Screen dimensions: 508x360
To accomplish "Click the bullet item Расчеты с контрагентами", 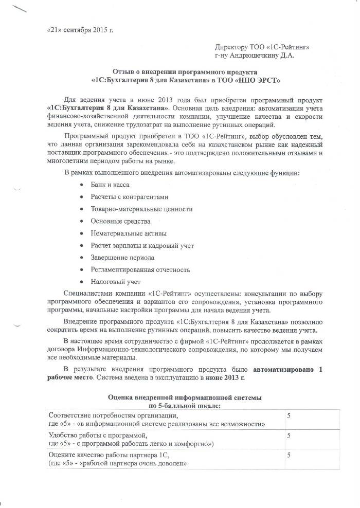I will [129, 196].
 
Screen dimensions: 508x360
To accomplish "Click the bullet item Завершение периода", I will [122, 258].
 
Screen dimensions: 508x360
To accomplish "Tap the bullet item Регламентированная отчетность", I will [140, 269].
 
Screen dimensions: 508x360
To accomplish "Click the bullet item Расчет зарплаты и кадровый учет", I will [142, 246].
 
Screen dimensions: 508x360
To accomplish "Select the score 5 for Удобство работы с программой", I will [289, 435].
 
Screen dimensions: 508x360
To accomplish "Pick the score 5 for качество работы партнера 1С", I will [289, 455].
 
